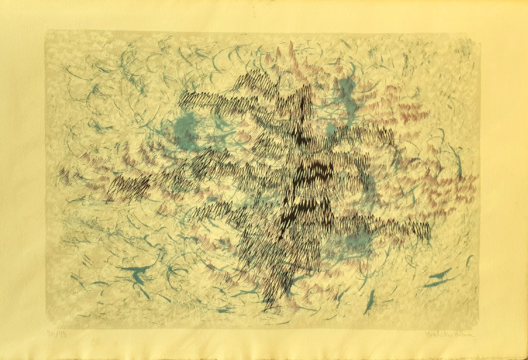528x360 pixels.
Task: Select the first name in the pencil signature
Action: (438, 334)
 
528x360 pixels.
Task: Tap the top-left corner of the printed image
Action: (46, 31)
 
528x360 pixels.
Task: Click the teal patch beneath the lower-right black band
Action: (355, 239)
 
